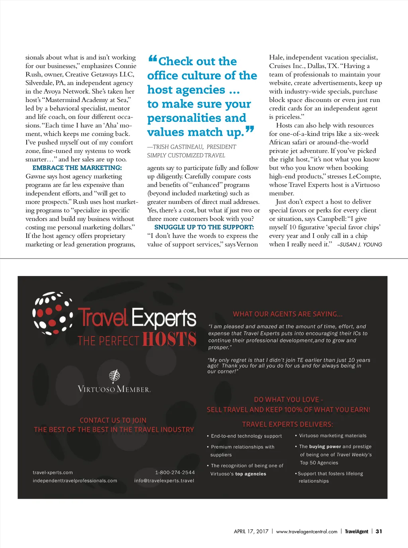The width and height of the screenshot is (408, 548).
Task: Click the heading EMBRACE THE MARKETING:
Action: (x=77, y=168)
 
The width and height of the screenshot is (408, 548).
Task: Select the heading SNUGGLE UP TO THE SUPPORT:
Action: (x=204, y=227)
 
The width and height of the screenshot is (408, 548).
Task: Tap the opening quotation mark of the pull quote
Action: (x=153, y=60)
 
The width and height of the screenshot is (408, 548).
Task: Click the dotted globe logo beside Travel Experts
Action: (x=53, y=313)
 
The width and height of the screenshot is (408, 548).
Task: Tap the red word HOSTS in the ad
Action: (x=169, y=340)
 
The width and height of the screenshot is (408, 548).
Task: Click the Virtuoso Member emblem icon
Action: (x=114, y=375)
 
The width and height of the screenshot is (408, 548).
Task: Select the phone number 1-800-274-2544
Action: (x=175, y=473)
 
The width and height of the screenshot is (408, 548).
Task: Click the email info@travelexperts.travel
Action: (x=164, y=481)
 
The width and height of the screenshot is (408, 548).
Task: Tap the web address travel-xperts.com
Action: (x=53, y=473)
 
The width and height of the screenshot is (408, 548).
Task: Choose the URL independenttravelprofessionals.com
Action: (x=75, y=481)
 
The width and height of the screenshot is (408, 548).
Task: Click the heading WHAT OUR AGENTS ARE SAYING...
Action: (x=288, y=314)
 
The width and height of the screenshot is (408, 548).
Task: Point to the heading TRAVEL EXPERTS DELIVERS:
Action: (x=288, y=425)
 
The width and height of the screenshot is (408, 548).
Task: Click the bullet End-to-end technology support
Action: (x=246, y=436)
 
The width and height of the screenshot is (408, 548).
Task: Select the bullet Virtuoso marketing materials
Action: (x=333, y=436)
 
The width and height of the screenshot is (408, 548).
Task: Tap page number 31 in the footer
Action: (x=379, y=531)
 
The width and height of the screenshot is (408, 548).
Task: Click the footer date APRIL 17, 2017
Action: (x=251, y=531)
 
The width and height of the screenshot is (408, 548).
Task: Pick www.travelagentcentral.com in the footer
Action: (x=306, y=532)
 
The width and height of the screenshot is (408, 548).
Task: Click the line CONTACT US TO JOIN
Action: (x=113, y=421)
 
